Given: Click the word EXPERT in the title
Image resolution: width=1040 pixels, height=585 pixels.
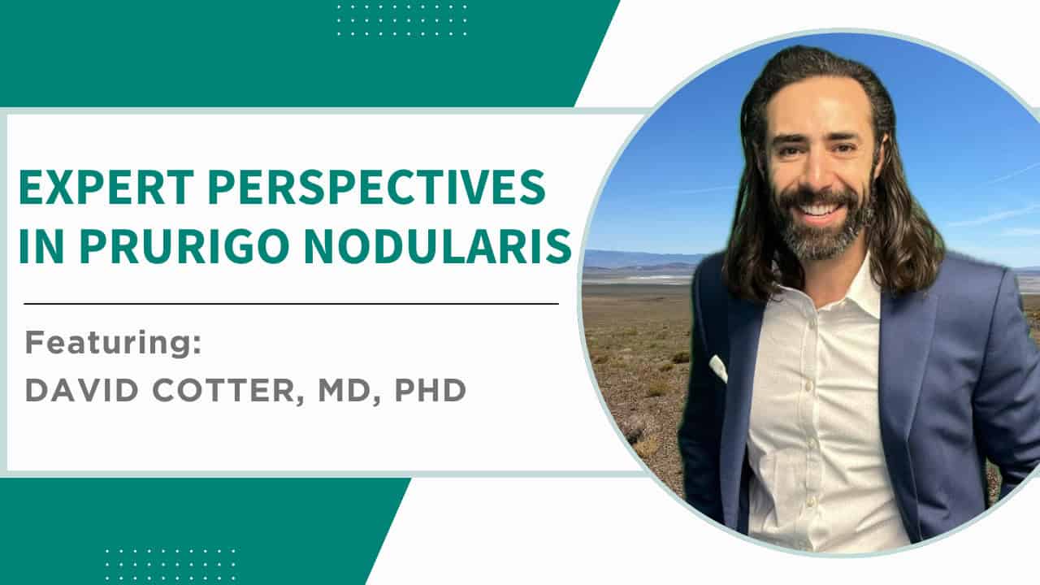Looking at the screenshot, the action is coord(106,187).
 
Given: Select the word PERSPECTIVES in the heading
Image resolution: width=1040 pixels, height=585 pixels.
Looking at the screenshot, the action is coord(376,187).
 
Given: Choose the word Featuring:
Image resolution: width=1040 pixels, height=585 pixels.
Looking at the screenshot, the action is coord(113,343).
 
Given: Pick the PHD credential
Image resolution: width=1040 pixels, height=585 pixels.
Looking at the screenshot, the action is coord(431,390).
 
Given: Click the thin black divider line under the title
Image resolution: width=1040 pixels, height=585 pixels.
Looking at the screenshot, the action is coord(291,304).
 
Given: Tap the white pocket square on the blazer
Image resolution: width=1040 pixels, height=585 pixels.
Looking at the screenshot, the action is coord(717,369).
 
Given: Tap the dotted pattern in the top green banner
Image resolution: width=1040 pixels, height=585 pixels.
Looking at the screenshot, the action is coord(402,21).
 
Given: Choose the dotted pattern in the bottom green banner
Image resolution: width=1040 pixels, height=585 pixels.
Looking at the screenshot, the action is coord(171,565).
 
